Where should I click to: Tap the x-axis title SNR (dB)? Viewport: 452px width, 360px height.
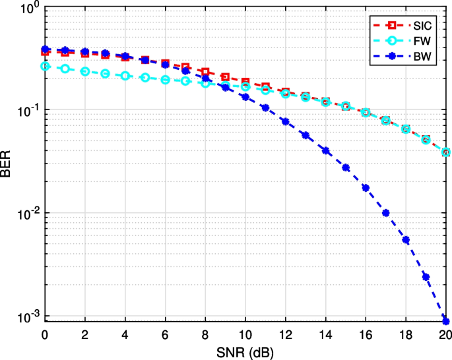click(x=245, y=352)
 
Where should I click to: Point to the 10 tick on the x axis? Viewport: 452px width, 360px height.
click(x=245, y=335)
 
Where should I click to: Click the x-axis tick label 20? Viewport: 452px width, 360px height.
click(x=445, y=335)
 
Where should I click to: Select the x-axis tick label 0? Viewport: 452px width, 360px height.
click(x=45, y=335)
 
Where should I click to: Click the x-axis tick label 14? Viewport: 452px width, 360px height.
click(x=325, y=335)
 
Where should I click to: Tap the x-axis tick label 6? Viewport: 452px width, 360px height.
click(x=165, y=335)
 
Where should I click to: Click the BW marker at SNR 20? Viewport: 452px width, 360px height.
click(x=446, y=321)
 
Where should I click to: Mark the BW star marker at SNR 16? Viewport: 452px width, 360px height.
click(x=366, y=187)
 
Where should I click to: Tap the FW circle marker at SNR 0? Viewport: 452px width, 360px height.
click(x=45, y=66)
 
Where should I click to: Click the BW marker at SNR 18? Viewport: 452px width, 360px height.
click(x=406, y=240)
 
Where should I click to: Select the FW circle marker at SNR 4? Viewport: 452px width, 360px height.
click(x=125, y=76)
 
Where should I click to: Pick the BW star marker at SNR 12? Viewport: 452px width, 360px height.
click(x=285, y=121)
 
